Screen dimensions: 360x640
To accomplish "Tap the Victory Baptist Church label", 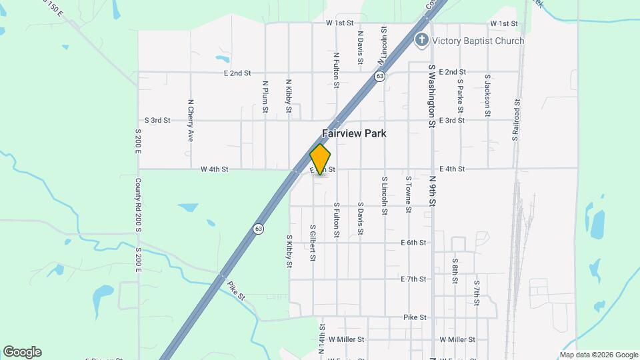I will pyautogui.click(x=478, y=41).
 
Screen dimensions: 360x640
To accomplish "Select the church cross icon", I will pyautogui.click(x=421, y=40).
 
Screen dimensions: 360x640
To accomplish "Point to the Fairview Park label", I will pyautogui.click(x=354, y=133).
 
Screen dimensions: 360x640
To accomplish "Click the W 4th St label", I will pyautogui.click(x=215, y=169).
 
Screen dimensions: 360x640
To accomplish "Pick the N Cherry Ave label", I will pyautogui.click(x=191, y=121).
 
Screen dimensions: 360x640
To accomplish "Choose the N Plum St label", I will pyautogui.click(x=265, y=96).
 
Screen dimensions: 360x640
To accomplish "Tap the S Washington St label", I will pyautogui.click(x=432, y=96).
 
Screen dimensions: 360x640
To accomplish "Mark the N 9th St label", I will pyautogui.click(x=432, y=191).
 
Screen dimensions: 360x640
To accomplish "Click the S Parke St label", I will pyautogui.click(x=460, y=96).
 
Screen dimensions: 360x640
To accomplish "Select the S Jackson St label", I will pyautogui.click(x=488, y=96).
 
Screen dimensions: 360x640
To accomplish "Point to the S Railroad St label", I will pyautogui.click(x=516, y=120).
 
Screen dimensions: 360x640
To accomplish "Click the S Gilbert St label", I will pyautogui.click(x=312, y=241).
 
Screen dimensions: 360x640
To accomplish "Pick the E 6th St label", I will pyautogui.click(x=413, y=243).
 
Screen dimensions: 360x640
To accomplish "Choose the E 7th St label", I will pyautogui.click(x=413, y=279).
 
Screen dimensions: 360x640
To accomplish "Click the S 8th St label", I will pyautogui.click(x=455, y=271).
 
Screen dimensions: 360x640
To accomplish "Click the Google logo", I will pyautogui.click(x=22, y=352).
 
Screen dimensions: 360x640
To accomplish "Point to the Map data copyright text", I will pyautogui.click(x=598, y=355).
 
